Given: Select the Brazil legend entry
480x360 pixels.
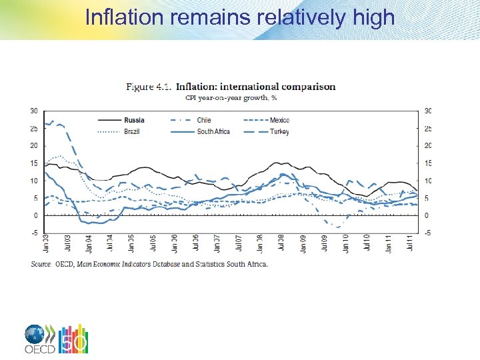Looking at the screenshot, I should point(133,131).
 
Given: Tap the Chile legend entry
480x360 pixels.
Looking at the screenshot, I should point(204,120).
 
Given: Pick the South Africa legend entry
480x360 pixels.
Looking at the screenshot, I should point(213,131).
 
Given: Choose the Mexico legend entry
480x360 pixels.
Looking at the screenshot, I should point(279,120).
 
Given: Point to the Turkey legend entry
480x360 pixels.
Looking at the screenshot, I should point(279,131).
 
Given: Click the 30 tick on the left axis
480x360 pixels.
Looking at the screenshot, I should point(33,111).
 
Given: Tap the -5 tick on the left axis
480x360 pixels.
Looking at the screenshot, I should point(33,233).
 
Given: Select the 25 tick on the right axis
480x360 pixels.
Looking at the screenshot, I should point(428,128).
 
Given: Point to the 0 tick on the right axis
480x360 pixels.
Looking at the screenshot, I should point(427,216).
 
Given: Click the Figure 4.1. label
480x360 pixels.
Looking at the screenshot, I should point(149,87).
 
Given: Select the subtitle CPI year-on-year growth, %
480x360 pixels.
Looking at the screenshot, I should point(227,97).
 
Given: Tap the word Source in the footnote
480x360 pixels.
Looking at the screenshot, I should point(42,264).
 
